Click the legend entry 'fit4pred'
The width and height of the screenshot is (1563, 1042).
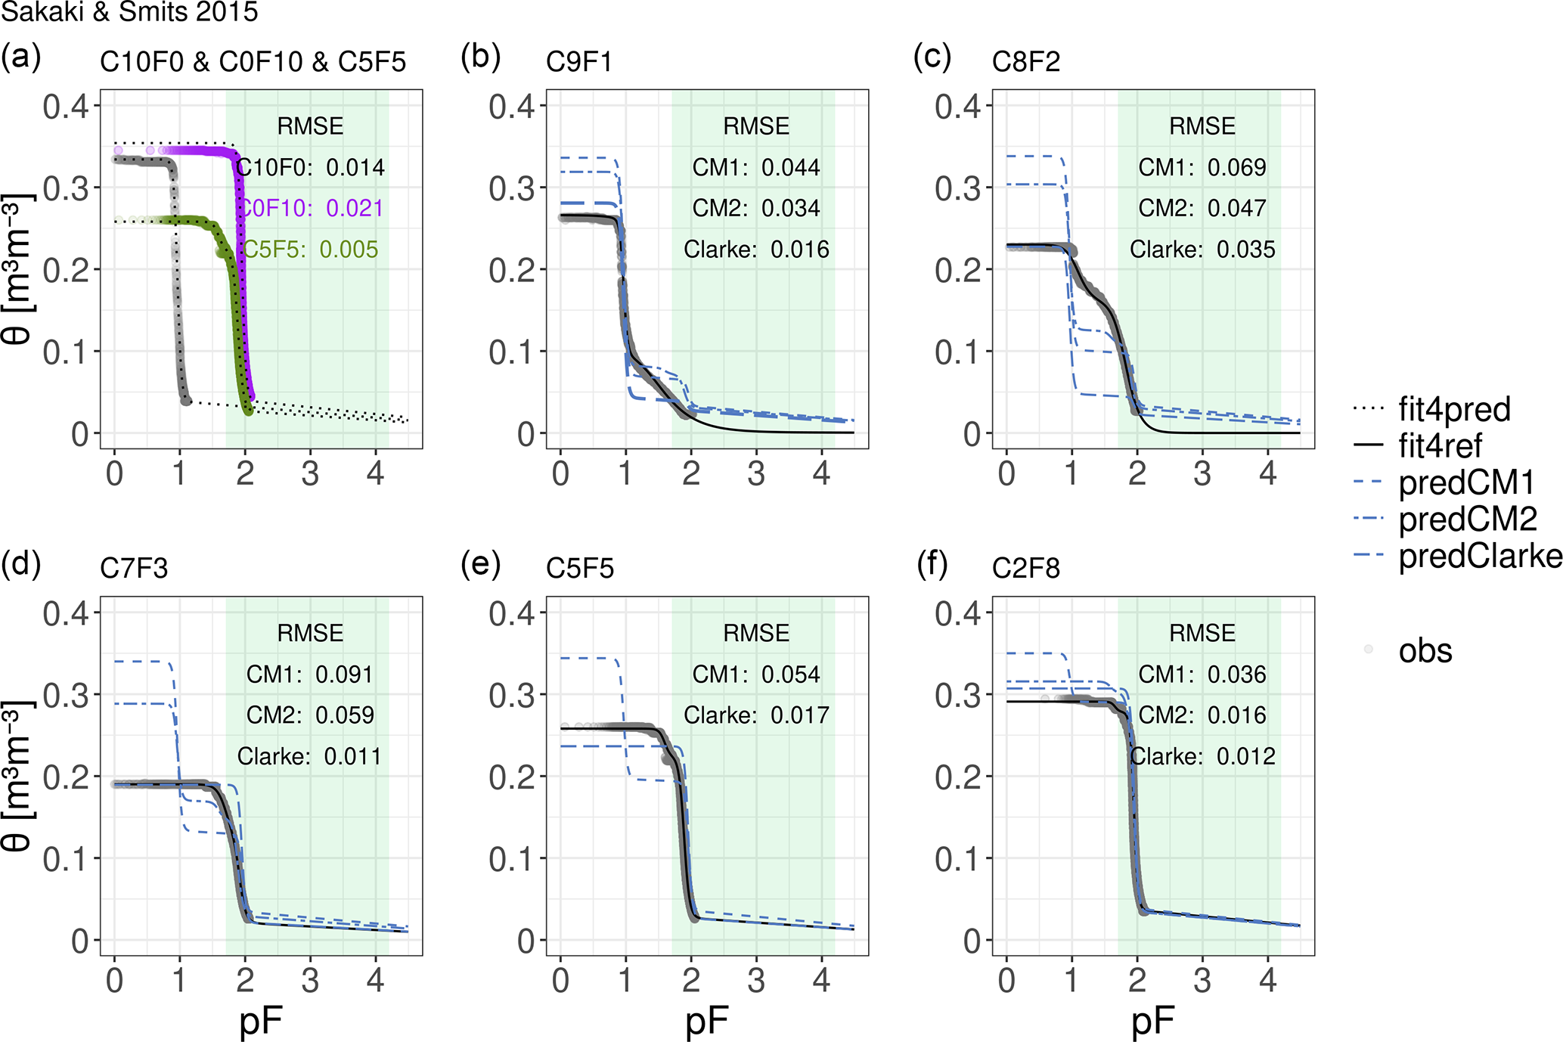[x=1454, y=409]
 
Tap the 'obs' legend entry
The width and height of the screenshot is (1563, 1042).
[x=1425, y=650]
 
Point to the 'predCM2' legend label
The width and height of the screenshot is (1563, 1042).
[x=1468, y=519]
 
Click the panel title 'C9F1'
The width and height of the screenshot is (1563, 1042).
[x=579, y=62]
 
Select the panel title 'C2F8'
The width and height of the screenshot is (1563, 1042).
[x=1026, y=568]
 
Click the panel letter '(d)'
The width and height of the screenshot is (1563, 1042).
[x=21, y=564]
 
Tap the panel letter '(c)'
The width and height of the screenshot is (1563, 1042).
[x=932, y=57]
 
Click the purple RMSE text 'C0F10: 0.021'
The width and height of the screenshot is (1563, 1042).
[x=310, y=208]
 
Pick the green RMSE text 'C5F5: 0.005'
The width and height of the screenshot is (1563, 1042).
[x=310, y=250]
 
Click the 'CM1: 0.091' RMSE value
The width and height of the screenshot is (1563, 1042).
[x=310, y=675]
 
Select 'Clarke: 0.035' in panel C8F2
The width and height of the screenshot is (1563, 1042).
[x=1202, y=250]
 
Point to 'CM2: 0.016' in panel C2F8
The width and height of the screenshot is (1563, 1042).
[x=1202, y=715]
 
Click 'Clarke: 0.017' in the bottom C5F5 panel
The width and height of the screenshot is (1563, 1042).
[x=756, y=715]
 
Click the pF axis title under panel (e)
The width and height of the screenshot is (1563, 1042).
[x=706, y=1022]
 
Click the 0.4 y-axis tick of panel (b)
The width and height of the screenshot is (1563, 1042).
[x=511, y=107]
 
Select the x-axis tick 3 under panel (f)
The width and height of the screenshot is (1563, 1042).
[x=1202, y=980]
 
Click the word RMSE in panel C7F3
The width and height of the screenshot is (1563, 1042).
[x=310, y=633]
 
